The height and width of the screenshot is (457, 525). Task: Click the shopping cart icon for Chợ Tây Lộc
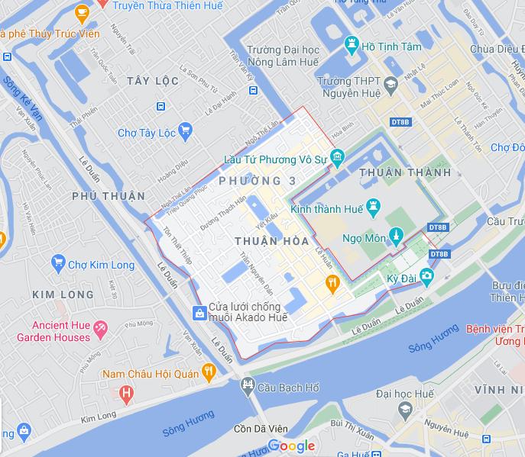(185, 132)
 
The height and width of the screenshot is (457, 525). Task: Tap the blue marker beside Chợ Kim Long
(57, 265)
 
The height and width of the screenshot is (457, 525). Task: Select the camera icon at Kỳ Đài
(426, 275)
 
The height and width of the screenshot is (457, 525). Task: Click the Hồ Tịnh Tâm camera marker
(352, 44)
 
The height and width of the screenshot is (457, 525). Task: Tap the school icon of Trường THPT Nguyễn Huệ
(391, 85)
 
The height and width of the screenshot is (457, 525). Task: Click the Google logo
(291, 446)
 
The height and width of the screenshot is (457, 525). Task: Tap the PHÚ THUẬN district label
(108, 196)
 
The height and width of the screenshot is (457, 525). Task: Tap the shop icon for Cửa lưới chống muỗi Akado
(199, 313)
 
